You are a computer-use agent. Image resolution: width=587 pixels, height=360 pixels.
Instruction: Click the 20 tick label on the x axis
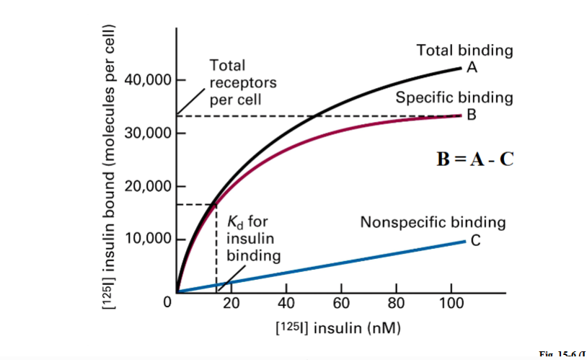tap(231, 302)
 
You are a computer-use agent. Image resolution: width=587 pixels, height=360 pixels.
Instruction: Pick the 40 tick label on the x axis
tap(286, 302)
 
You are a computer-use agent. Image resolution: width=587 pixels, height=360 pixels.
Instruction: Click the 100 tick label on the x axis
tap(451, 302)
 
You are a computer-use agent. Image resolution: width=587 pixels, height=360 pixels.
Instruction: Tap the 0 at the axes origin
tap(167, 302)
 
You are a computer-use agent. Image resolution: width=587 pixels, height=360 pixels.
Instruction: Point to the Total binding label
tap(464, 51)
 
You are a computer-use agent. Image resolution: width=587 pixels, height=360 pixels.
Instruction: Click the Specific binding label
tap(454, 97)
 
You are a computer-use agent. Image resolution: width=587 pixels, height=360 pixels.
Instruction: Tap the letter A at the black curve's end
tap(472, 67)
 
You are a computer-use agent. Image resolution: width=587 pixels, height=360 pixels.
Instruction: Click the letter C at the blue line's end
tap(475, 240)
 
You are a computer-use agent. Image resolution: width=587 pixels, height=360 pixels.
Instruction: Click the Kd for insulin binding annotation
tap(249, 238)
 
